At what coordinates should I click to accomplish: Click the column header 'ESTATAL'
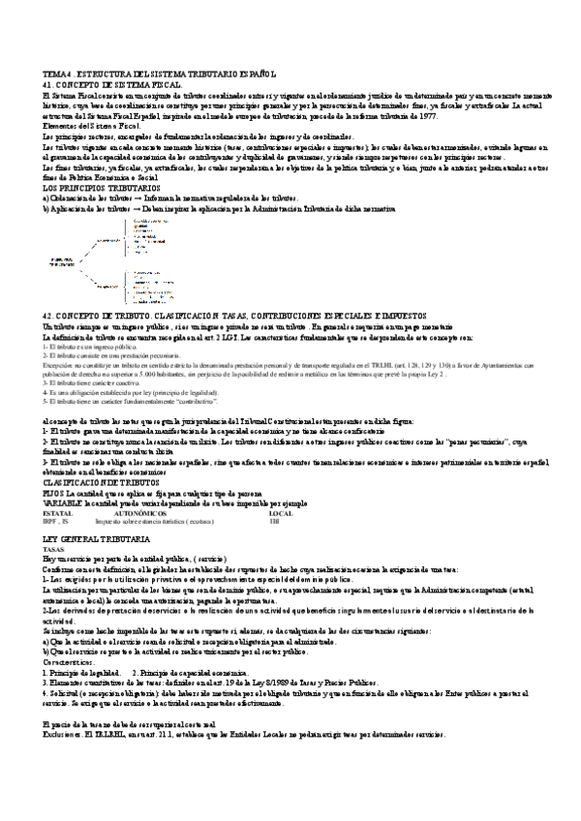(57, 512)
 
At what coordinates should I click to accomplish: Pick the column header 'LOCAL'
(280, 512)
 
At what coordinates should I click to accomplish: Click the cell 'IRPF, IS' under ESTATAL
(56, 521)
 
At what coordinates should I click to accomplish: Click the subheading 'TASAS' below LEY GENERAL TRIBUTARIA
(54, 549)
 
